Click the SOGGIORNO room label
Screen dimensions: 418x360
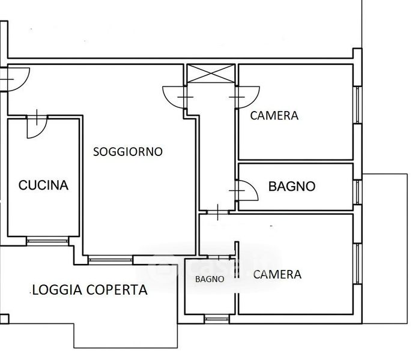pos(128,152)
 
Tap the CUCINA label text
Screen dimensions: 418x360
pos(43,185)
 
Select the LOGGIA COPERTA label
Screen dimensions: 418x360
pos(90,290)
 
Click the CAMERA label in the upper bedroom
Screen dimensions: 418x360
pos(274,116)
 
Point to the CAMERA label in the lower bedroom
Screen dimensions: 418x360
pos(277,275)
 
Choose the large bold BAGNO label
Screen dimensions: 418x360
pos(292,187)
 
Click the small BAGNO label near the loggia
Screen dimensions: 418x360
pos(210,279)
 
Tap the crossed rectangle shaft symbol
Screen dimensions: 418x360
pos(211,73)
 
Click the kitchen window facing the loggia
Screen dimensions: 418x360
pos(47,241)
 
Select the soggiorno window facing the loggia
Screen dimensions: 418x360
pos(110,260)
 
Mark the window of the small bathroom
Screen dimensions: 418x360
pos(217,319)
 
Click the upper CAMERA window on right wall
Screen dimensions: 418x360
pos(357,104)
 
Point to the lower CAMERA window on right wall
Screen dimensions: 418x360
pos(357,263)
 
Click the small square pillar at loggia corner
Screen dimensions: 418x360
pos(4,319)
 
